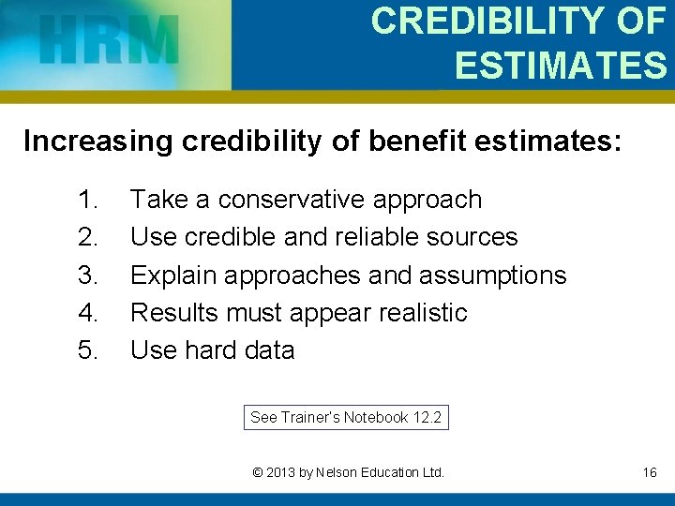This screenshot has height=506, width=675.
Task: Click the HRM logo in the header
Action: click(110, 40)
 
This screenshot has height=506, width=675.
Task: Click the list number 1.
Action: click(88, 200)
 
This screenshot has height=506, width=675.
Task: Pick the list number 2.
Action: click(88, 237)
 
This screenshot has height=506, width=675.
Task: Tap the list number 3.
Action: click(88, 275)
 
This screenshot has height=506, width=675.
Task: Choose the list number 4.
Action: click(88, 312)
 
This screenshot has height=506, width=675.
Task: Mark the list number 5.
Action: click(88, 350)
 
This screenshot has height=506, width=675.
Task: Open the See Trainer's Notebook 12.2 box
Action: click(345, 418)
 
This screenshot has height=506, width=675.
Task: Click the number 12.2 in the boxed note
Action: click(427, 418)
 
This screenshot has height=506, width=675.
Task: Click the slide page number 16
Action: click(650, 473)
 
